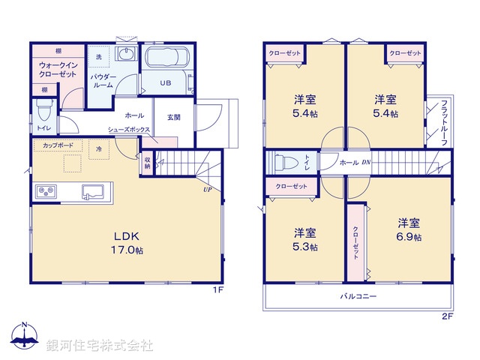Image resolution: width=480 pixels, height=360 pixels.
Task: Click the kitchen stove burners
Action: (47, 191)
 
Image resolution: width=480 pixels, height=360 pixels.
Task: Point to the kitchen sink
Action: (94, 192)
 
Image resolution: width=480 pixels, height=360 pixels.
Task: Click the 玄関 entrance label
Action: (173, 116)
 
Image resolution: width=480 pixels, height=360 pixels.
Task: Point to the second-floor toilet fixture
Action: (286, 161)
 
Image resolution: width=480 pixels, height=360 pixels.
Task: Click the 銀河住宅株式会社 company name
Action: (99, 345)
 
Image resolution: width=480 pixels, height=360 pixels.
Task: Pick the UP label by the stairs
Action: (205, 189)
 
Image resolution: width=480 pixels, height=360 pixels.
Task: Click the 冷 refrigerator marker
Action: (98, 149)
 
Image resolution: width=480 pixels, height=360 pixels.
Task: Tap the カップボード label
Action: (58, 145)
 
